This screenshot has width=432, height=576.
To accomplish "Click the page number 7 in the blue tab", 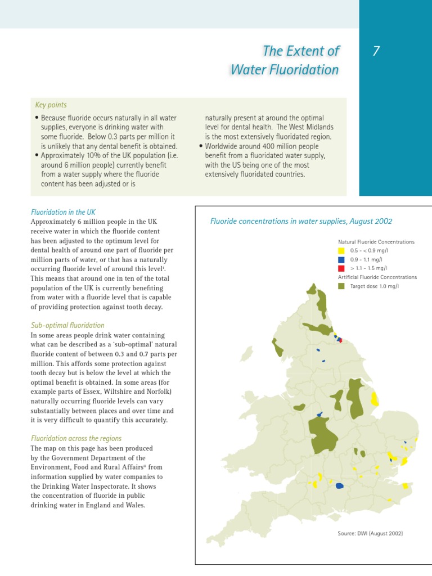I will coord(376,52).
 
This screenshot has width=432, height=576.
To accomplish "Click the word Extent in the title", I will coord(313,51).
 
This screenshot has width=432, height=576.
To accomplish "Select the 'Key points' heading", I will coord(51,105).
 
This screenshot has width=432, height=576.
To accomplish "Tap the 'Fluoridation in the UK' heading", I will coord(63,212).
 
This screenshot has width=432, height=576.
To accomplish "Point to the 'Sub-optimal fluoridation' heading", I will coord(67,325).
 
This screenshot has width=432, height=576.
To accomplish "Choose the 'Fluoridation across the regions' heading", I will coord(76,438).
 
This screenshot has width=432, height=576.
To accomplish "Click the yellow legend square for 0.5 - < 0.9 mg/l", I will coord(341,250).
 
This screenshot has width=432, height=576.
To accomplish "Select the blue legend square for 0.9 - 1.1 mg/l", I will coord(341,259).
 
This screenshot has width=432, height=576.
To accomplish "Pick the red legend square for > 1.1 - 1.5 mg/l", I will coord(341,268).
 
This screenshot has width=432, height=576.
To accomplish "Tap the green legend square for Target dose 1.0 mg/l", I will coord(341,286).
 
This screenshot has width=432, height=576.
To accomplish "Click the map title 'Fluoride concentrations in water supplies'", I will coord(301,222).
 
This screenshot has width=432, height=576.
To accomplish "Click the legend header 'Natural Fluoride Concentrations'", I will coord(376,242).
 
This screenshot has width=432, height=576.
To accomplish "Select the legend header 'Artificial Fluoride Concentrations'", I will coord(377,277).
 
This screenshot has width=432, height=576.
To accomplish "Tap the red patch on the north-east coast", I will coord(340,340).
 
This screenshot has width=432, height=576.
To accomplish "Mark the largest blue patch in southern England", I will coord(340,485).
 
